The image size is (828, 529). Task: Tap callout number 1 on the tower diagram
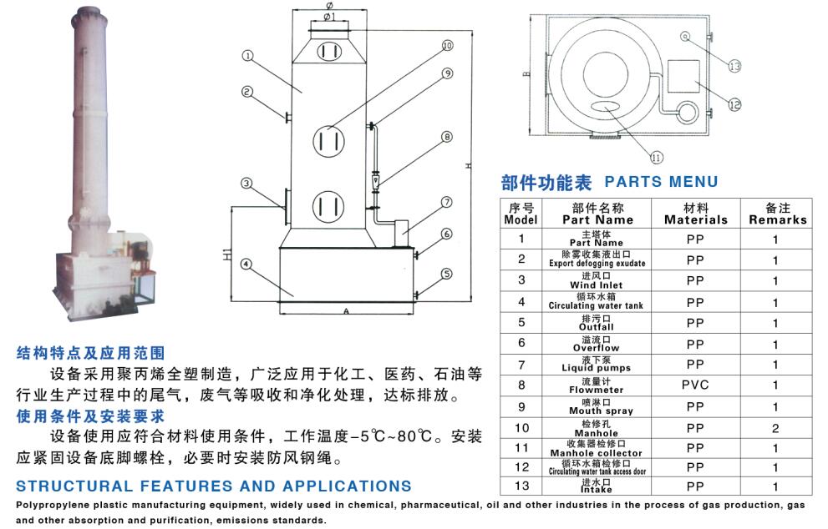[247, 57]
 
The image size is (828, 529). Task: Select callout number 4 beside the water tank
[246, 264]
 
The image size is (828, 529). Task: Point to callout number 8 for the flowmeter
[447, 136]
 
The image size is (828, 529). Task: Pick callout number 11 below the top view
[656, 155]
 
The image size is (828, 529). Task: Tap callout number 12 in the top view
[734, 105]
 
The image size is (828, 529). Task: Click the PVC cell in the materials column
[695, 385]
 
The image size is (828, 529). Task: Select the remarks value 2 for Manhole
[775, 429]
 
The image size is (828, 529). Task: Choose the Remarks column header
[777, 214]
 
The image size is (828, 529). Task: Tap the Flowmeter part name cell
[600, 385]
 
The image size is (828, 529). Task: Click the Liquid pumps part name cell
[600, 364]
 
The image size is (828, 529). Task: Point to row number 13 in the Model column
[522, 487]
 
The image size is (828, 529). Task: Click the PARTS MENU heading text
[660, 181]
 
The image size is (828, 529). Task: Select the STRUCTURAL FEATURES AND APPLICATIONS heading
[214, 486]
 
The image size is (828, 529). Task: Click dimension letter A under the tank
[345, 310]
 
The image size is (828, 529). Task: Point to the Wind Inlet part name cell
[600, 280]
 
